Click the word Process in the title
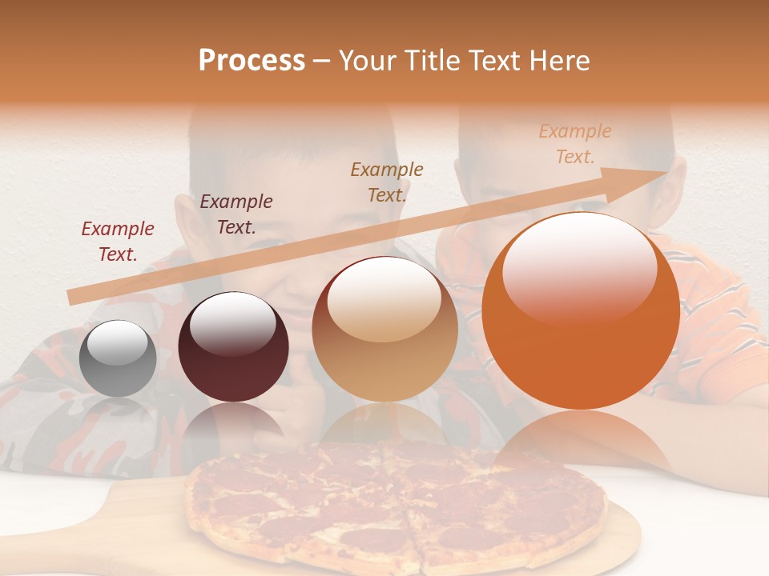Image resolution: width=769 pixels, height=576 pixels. point(252,61)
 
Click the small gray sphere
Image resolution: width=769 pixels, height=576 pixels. point(119,358)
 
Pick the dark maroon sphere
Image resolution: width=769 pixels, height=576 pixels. point(233,347)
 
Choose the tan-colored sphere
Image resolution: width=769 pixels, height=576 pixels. point(384,330)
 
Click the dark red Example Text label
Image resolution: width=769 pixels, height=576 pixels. point(118,242)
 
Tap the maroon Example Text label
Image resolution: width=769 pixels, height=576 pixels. point(236,214)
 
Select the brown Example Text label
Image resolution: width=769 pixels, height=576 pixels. point(387,182)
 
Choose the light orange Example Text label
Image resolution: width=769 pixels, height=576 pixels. point(575,144)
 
